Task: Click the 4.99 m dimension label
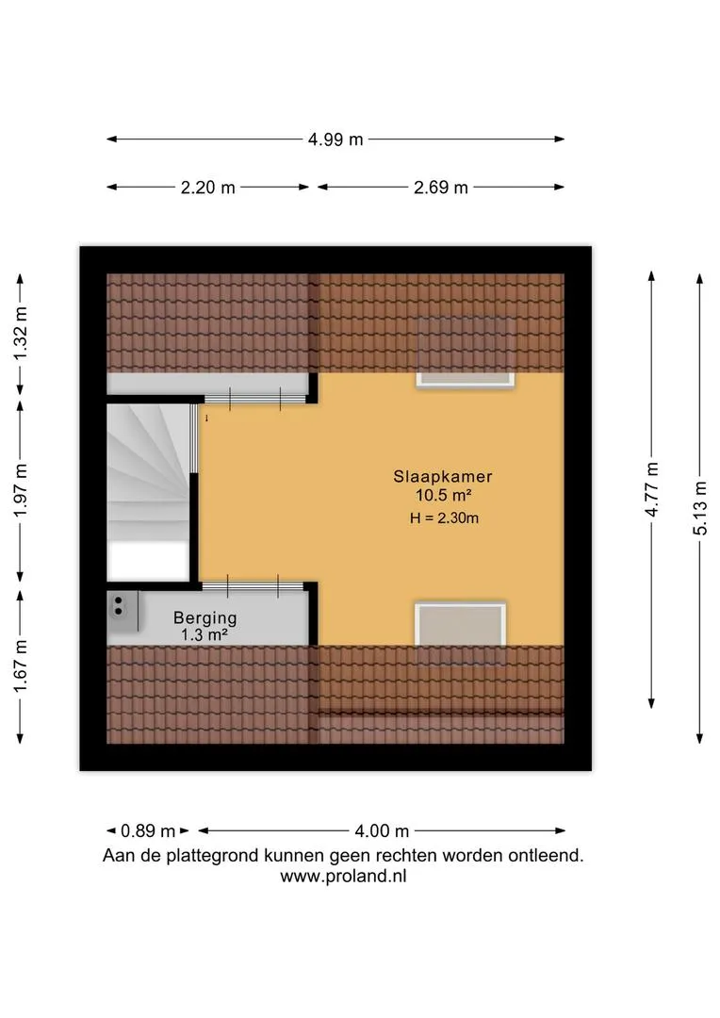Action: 335,140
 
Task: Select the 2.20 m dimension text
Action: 207,188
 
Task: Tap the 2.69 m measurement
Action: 441,188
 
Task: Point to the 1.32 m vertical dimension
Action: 21,334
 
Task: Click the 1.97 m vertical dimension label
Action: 21,490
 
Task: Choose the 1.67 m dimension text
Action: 21,665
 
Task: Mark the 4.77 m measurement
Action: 652,489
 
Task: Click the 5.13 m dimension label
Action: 700,508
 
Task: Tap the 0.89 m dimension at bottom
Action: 148,831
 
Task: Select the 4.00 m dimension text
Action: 382,831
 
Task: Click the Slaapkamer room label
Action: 443,477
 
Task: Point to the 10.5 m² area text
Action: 444,496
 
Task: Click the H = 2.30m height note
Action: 444,518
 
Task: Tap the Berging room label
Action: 205,618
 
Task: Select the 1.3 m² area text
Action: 204,635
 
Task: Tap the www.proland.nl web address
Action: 343,877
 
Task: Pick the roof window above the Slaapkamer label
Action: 466,353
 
